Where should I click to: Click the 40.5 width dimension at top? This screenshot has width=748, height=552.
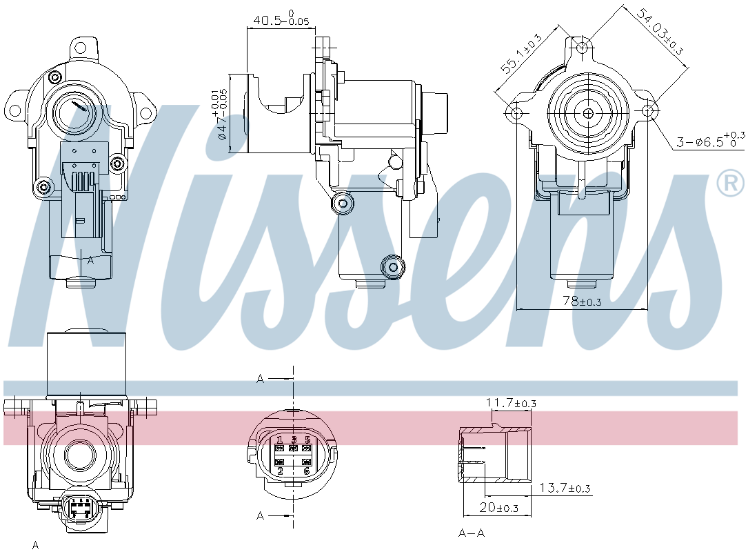tap(280, 19)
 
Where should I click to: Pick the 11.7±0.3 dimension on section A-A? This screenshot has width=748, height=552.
tap(511, 402)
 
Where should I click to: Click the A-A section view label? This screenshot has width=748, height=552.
tap(472, 533)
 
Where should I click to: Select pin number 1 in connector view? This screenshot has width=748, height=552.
tap(279, 440)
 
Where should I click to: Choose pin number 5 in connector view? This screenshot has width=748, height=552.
tap(307, 440)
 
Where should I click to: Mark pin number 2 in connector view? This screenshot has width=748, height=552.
tap(279, 471)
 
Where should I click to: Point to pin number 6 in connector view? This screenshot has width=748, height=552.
tap(307, 471)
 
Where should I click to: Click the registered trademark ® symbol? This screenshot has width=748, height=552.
tap(731, 183)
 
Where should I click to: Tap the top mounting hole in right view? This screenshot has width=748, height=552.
tap(583, 47)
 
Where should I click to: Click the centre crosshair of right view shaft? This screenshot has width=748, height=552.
tap(588, 113)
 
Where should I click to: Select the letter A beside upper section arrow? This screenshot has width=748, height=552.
tap(260, 378)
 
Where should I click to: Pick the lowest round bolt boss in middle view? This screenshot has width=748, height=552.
tap(394, 266)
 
